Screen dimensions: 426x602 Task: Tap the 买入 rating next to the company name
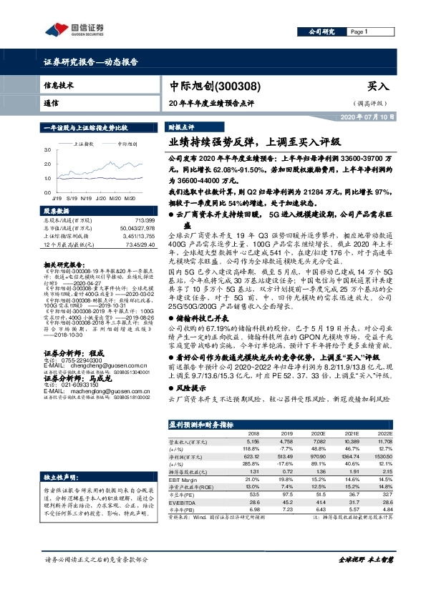point(377,86)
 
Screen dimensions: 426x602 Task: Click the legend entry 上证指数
point(85,144)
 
